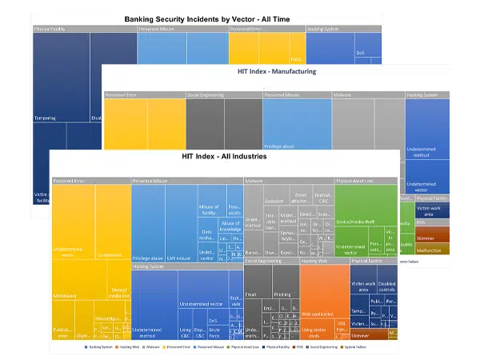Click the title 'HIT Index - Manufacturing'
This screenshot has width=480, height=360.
pyautogui.click(x=277, y=71)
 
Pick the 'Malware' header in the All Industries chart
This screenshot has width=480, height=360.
pyautogui.click(x=256, y=182)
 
